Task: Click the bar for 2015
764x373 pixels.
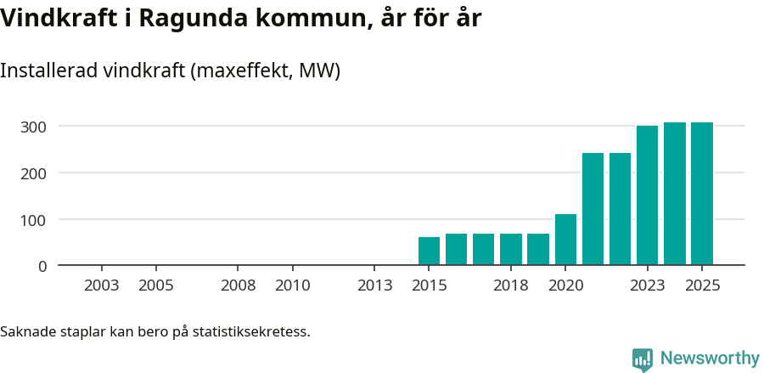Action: coord(429,251)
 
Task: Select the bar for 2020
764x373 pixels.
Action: coord(565,239)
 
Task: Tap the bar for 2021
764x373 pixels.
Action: coord(593,209)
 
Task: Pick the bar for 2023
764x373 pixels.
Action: coord(647,195)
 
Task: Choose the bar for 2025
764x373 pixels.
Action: coord(701,194)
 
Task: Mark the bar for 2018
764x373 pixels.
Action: coord(511,249)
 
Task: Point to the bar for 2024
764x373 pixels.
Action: coord(674,194)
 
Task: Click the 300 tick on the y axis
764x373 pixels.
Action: coord(34,127)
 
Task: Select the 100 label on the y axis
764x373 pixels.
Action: coord(34,220)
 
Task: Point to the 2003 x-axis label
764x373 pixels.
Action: coord(102,285)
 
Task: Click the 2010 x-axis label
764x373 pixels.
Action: coord(292,285)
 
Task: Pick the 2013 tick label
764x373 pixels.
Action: coord(374,285)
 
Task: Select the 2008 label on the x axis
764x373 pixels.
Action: coord(238,285)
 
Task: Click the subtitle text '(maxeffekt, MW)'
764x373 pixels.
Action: coord(265,71)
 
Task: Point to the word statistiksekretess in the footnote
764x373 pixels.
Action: coord(251,331)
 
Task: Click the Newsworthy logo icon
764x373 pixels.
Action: coord(643,359)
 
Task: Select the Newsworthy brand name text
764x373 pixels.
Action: coord(709,359)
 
